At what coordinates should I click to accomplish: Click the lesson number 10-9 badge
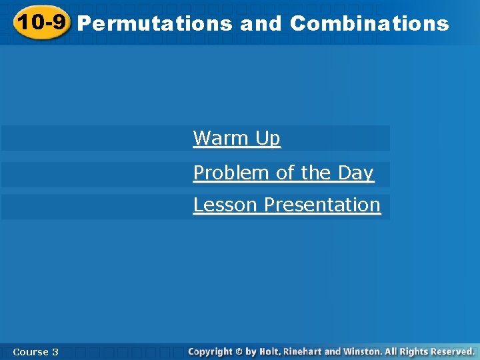click(41, 23)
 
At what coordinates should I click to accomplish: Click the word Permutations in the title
click(155, 24)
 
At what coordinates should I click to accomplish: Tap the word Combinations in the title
click(369, 24)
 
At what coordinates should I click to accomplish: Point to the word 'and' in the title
click(261, 24)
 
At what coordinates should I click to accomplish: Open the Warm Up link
click(237, 138)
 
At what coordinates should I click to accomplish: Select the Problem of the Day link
click(283, 173)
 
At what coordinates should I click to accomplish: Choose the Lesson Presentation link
click(287, 205)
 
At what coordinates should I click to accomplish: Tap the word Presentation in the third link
click(323, 205)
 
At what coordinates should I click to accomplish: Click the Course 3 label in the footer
click(35, 351)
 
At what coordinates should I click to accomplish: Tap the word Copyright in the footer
click(210, 351)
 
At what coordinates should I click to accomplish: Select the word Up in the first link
click(267, 138)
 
